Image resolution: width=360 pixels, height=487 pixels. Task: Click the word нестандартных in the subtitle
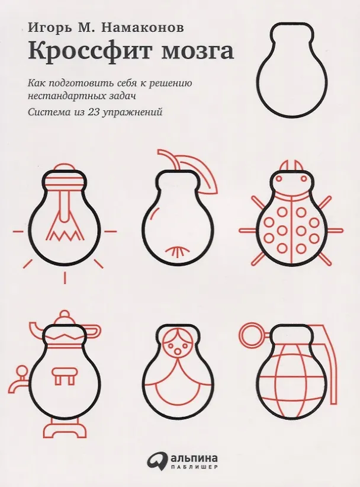pyautogui.click(x=63, y=95)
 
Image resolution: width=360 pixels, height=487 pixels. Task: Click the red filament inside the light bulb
pyautogui.click(x=66, y=217)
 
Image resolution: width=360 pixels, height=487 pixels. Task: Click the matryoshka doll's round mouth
pyautogui.click(x=178, y=351)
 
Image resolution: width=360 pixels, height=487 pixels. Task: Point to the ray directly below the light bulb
pyautogui.click(x=65, y=277)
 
